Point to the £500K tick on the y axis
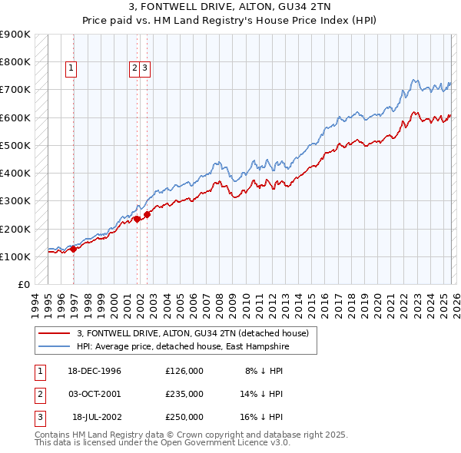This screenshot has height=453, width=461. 15,145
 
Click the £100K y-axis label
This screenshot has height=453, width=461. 15,256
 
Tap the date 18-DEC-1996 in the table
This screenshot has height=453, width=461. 94,370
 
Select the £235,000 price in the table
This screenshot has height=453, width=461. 184,393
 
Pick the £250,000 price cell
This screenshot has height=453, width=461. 184,417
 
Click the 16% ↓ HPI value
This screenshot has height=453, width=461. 261,417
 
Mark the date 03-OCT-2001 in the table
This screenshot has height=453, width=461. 94,393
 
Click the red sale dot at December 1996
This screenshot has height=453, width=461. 74,249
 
